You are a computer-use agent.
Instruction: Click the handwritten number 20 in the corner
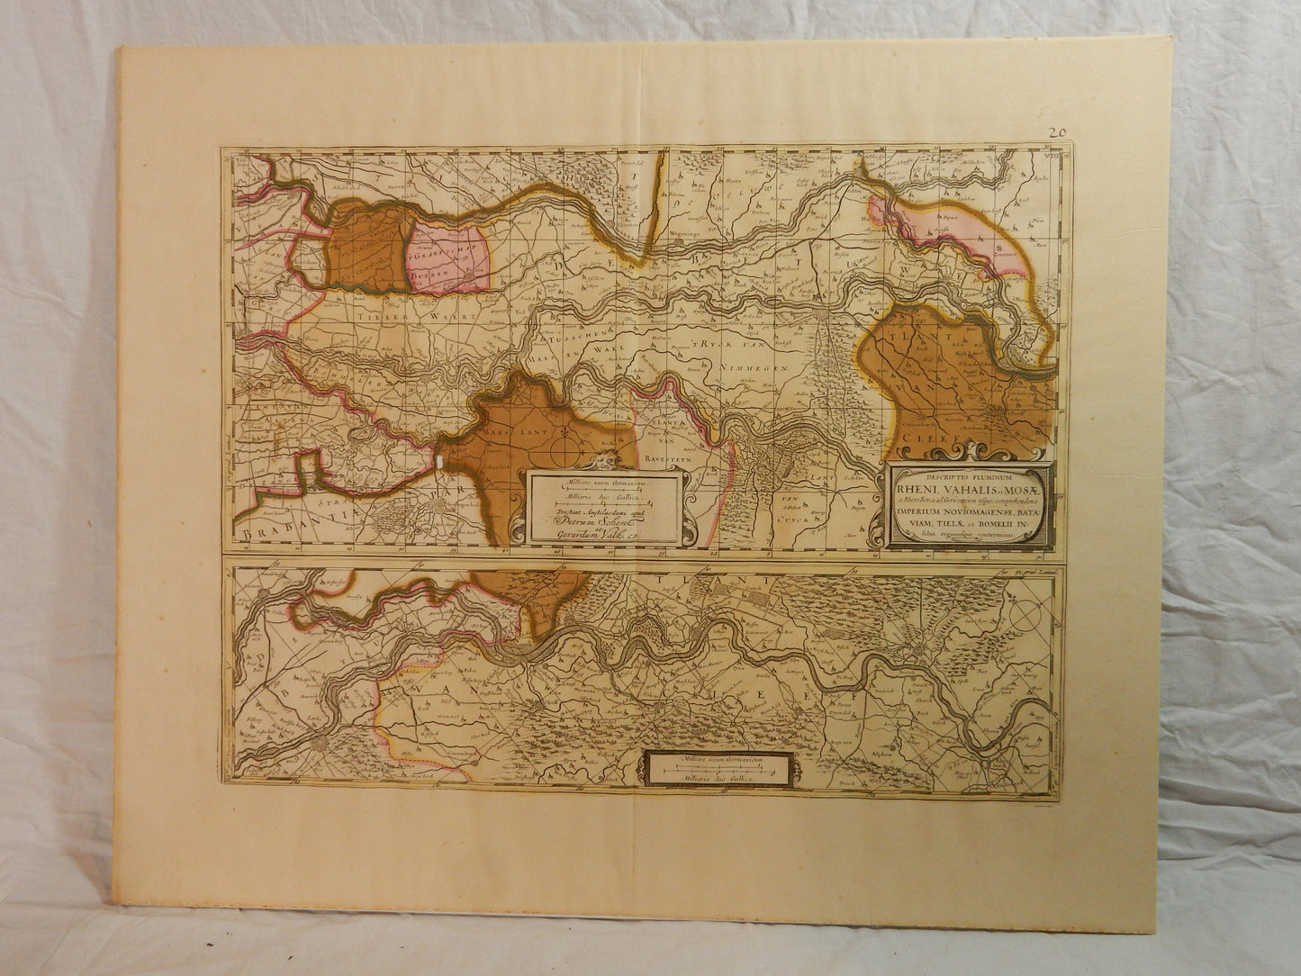tap(1057, 131)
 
